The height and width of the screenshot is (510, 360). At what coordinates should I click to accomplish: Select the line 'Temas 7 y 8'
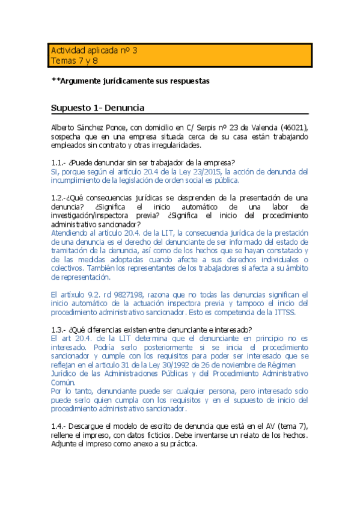coord(73,61)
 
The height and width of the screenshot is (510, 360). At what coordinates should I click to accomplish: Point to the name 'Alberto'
coord(65,128)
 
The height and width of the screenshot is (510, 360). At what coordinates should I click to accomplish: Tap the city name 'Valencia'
coord(261,128)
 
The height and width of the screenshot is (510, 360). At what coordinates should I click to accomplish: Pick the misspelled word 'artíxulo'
coord(76,294)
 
